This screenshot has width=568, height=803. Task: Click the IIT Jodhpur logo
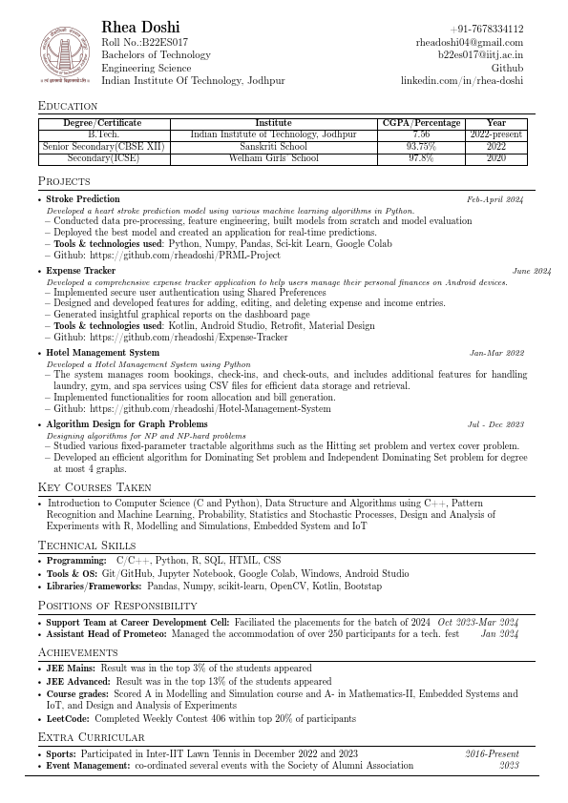click(x=62, y=54)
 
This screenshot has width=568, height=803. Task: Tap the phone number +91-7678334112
click(x=487, y=30)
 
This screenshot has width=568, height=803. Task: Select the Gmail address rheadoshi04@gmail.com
click(x=470, y=42)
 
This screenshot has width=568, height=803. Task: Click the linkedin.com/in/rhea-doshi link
click(x=462, y=81)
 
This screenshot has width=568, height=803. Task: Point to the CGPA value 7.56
click(x=421, y=135)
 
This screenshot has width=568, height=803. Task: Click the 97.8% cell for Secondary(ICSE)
click(x=421, y=158)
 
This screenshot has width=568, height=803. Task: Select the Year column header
click(x=496, y=123)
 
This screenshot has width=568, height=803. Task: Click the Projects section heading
click(x=64, y=181)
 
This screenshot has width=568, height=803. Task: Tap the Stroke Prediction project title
click(x=83, y=199)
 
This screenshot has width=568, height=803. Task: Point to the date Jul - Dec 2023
click(x=495, y=424)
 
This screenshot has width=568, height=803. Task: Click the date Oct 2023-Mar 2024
click(x=478, y=622)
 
